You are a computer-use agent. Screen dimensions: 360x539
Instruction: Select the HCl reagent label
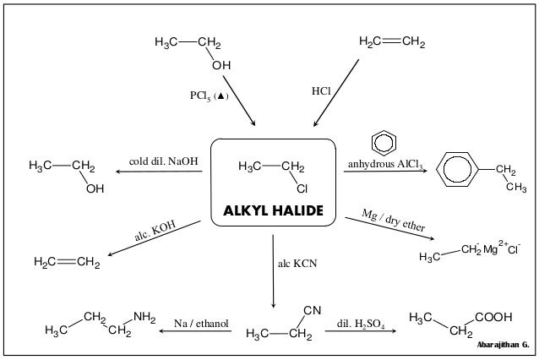pos(321,90)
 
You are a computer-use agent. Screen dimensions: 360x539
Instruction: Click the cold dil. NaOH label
pos(164,161)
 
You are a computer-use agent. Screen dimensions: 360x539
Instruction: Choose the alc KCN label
pos(296,265)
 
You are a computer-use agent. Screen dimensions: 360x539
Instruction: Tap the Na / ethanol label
pos(201,324)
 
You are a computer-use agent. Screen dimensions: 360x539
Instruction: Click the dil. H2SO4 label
pos(362,324)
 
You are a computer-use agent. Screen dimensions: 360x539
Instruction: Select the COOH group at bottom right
pos(493,317)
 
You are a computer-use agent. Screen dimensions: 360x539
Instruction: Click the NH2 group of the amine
pos(144,318)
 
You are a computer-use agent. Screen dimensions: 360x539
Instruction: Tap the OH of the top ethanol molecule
pos(220,65)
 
